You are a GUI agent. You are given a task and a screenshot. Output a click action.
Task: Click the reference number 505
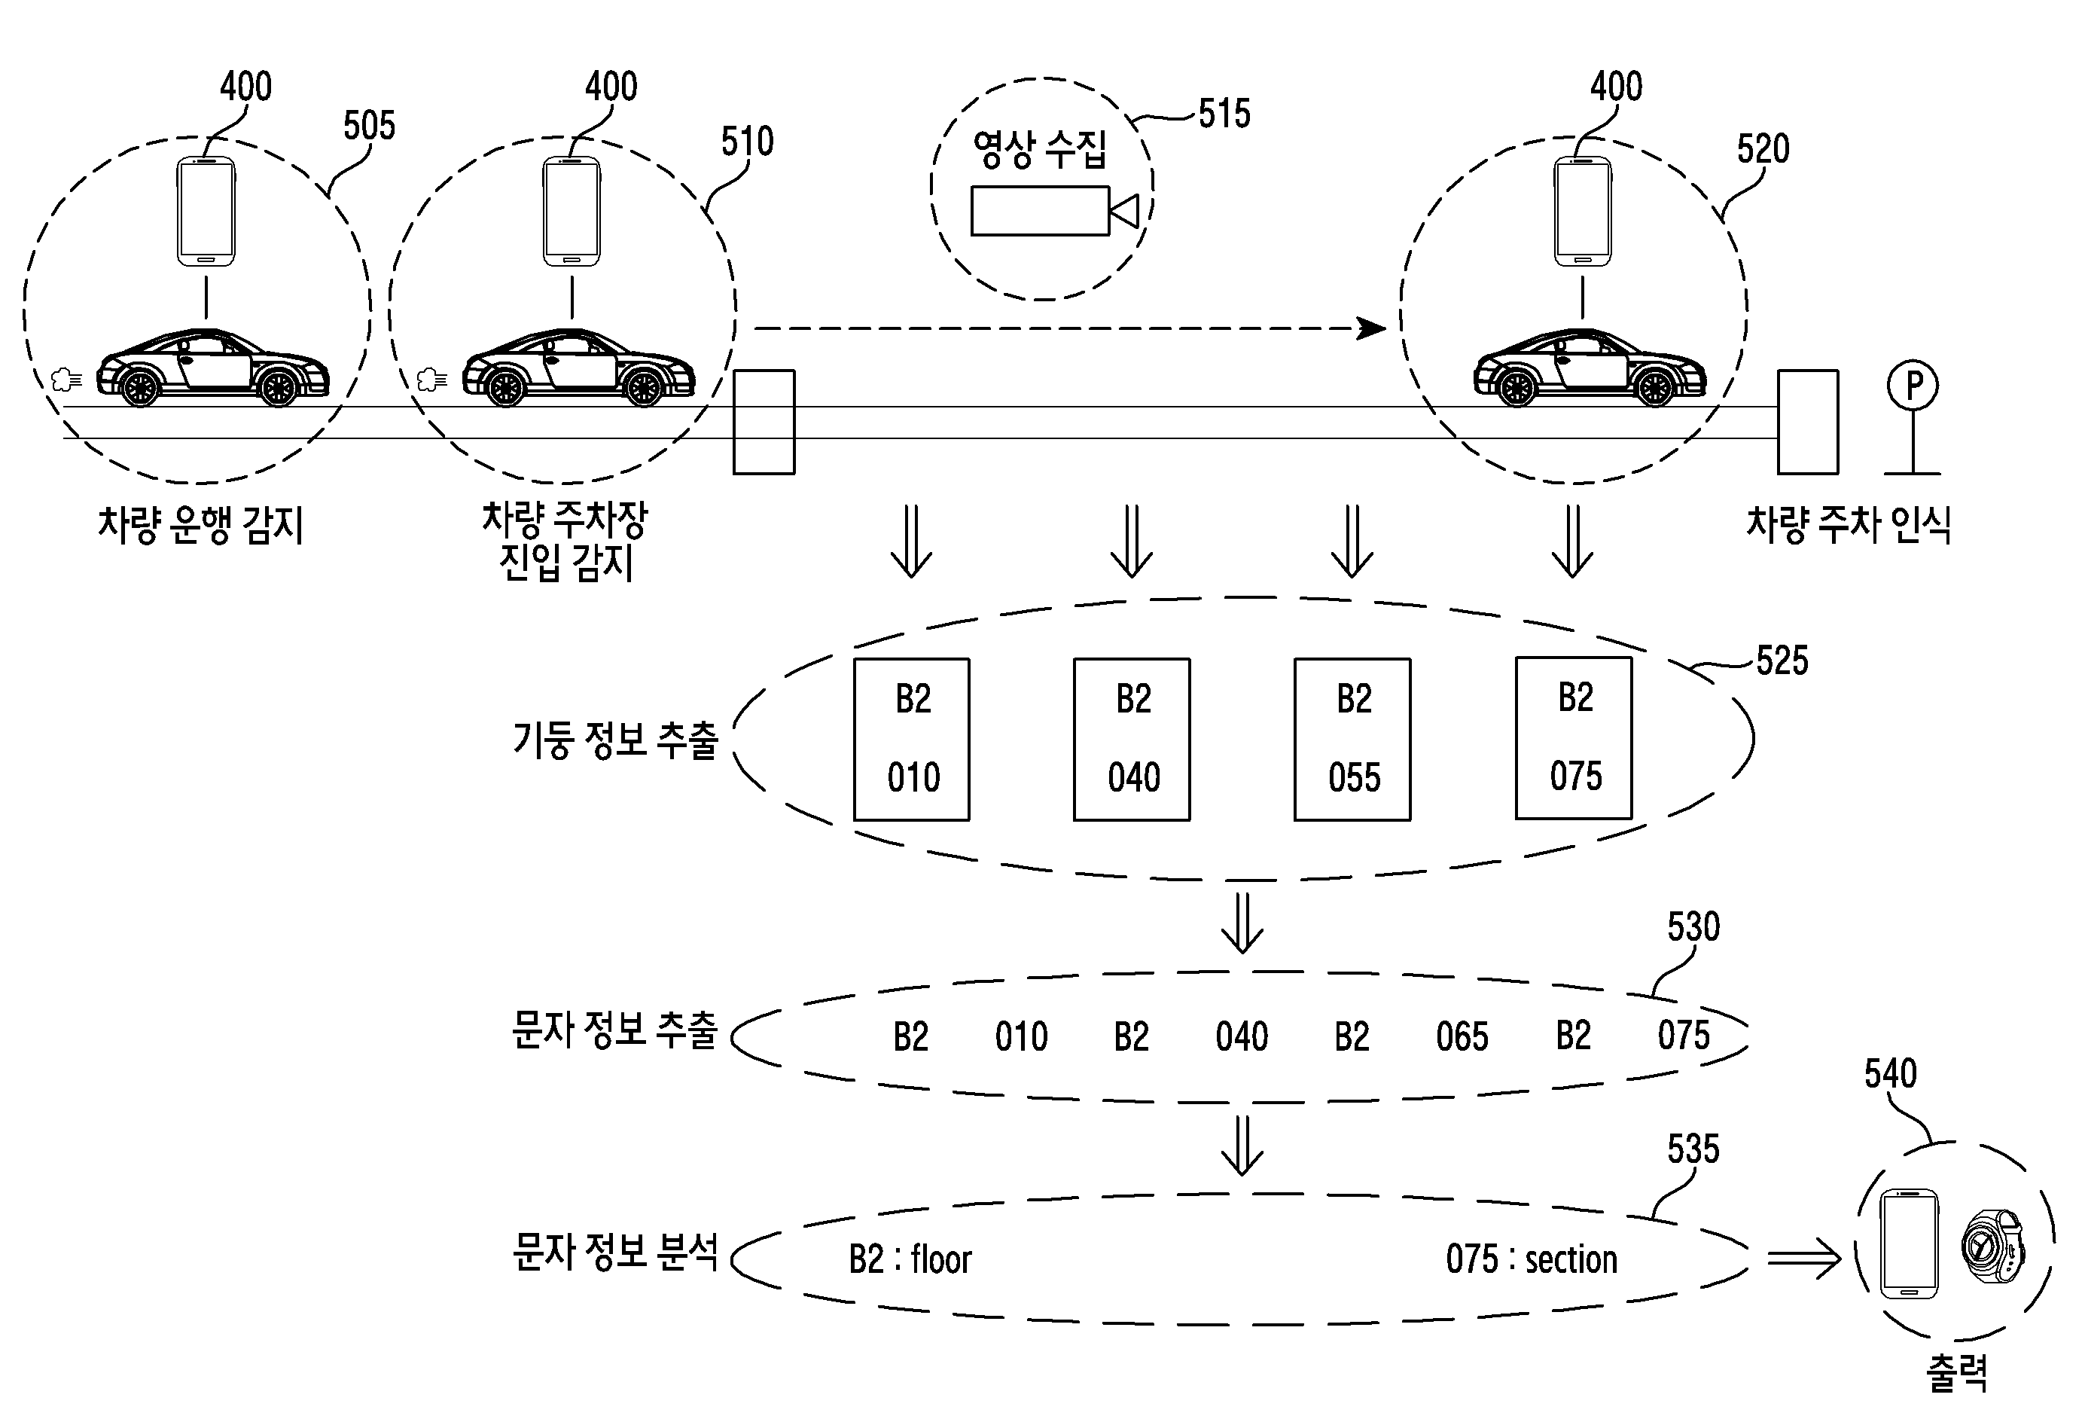(x=369, y=126)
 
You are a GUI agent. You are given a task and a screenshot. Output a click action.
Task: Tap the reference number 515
(x=1224, y=114)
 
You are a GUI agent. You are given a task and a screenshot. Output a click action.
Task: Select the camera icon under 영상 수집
(x=1053, y=211)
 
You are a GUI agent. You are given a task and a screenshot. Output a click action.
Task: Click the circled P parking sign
(x=1912, y=386)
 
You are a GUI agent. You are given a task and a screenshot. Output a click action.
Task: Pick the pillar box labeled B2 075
(x=1574, y=737)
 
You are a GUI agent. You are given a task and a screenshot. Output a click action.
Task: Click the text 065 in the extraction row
(x=1462, y=1036)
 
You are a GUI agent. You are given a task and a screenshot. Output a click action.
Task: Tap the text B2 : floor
(x=910, y=1259)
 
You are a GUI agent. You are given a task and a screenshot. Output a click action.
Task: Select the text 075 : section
(x=1532, y=1259)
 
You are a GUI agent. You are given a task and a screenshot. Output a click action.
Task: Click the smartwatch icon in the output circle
(x=1992, y=1247)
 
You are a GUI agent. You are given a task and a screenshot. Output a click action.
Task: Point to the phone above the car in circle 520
(x=1583, y=212)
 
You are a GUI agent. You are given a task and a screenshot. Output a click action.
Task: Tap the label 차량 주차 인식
(x=1848, y=525)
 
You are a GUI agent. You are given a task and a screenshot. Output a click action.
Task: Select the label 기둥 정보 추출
(x=615, y=740)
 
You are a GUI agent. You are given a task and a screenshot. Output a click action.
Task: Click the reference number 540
(x=1890, y=1073)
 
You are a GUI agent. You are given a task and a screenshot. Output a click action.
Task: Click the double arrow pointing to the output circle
(x=1803, y=1259)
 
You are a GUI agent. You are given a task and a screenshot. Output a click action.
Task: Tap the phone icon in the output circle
(x=1909, y=1243)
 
